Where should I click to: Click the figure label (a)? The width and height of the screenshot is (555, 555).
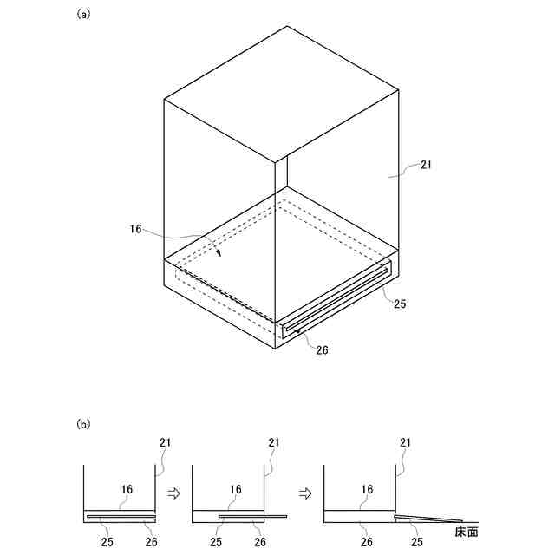point(83,14)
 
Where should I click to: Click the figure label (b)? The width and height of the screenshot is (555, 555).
point(83,425)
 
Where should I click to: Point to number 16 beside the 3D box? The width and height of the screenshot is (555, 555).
point(135,231)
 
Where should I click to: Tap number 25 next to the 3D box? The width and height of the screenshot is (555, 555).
point(400,304)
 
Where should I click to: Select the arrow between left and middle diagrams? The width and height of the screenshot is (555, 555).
point(172,493)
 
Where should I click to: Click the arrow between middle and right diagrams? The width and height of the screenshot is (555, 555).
point(304,493)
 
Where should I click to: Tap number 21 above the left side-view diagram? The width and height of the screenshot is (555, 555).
point(165,442)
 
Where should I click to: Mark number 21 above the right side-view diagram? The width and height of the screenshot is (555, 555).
point(405,442)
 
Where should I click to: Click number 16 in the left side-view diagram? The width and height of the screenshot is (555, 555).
point(127,490)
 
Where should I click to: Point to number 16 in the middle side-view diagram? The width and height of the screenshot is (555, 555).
point(235,490)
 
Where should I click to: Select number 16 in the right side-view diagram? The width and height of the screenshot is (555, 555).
point(368,490)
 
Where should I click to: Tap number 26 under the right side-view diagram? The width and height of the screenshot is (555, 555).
point(368,542)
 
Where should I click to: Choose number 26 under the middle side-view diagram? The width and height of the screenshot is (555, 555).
point(258,542)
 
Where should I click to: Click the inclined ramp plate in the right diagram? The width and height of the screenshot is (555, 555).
point(425,518)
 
